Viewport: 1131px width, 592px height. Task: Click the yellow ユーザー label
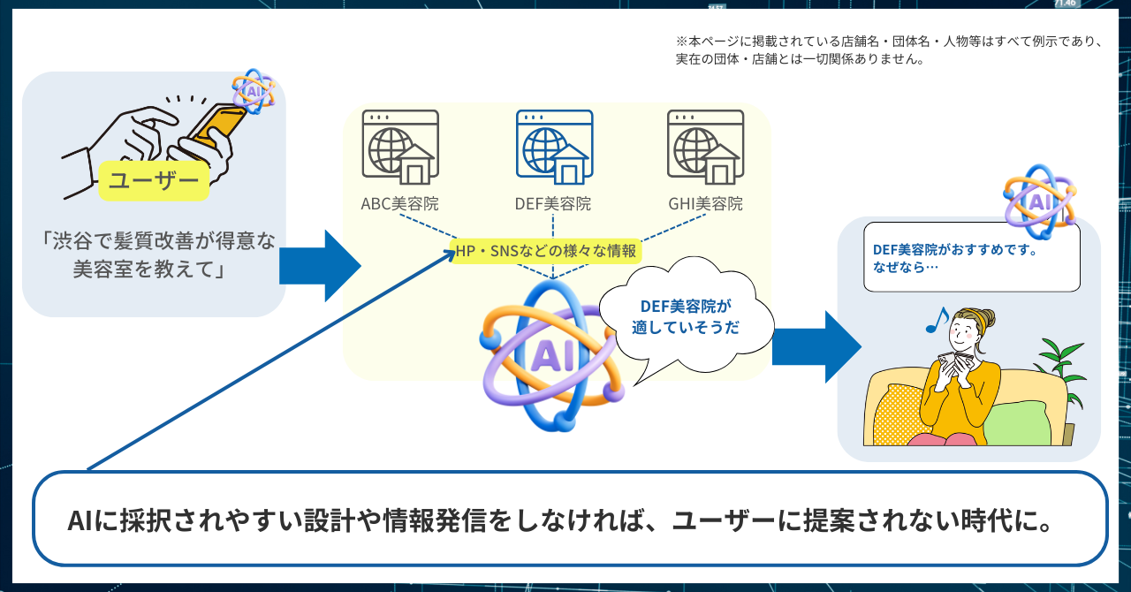point(154,181)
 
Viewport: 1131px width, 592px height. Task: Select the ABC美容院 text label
point(399,204)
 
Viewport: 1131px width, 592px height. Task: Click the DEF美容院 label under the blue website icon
point(553,204)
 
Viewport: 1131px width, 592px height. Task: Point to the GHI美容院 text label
point(705,204)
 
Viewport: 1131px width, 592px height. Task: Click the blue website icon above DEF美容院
point(554,147)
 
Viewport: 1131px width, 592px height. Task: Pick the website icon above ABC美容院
point(400,147)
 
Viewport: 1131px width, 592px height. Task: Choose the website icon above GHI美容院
point(705,147)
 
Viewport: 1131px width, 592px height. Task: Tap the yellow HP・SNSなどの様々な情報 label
point(545,251)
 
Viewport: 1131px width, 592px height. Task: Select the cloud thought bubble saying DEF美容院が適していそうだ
point(686,316)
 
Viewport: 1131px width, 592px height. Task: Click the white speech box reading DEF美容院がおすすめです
point(971,257)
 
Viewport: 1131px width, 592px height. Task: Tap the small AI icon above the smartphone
point(254,90)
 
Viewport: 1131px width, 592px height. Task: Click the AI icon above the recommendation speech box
point(1038,200)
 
